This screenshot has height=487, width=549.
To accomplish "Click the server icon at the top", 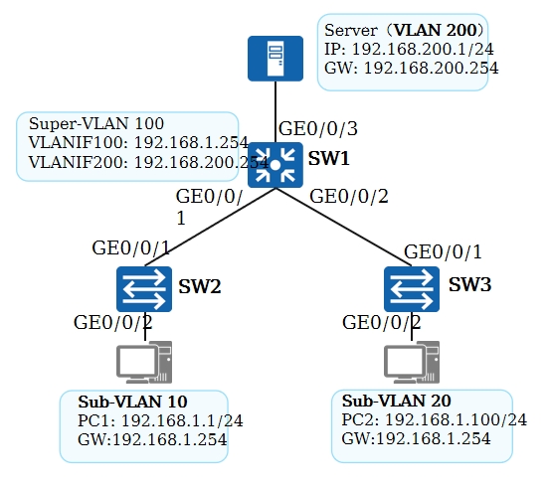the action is (x=275, y=59).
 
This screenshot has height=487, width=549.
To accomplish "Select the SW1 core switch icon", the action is (x=275, y=165).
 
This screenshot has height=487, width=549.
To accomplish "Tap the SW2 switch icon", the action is (x=144, y=289).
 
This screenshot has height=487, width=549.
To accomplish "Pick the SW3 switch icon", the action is (x=412, y=289).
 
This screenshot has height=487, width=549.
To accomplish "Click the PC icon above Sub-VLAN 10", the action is (x=144, y=362).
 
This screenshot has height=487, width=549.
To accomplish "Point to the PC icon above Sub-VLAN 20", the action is (x=412, y=362).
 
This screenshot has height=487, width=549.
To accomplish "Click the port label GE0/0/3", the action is (x=318, y=128).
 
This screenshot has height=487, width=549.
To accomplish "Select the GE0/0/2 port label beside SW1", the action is (x=349, y=196).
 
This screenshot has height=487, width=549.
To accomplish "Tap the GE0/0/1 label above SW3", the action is (x=443, y=251).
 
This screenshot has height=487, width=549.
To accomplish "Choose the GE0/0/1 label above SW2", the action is (x=130, y=247).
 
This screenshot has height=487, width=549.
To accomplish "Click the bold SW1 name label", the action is (x=329, y=158).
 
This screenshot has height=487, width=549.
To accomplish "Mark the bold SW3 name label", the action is (x=469, y=284).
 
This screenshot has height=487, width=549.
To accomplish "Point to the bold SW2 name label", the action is (x=200, y=286).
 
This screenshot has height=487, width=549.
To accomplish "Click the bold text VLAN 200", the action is (x=436, y=30).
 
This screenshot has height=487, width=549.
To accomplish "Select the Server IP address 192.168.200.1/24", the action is (x=423, y=49).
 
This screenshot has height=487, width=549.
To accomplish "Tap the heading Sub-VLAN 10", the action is (x=132, y=402).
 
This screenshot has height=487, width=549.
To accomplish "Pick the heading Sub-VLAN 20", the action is (x=397, y=401).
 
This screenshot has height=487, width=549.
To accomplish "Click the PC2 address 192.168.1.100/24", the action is (x=456, y=419).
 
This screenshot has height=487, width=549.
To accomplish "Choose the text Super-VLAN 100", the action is (x=96, y=123).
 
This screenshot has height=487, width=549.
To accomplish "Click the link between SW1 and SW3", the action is (x=343, y=227).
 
